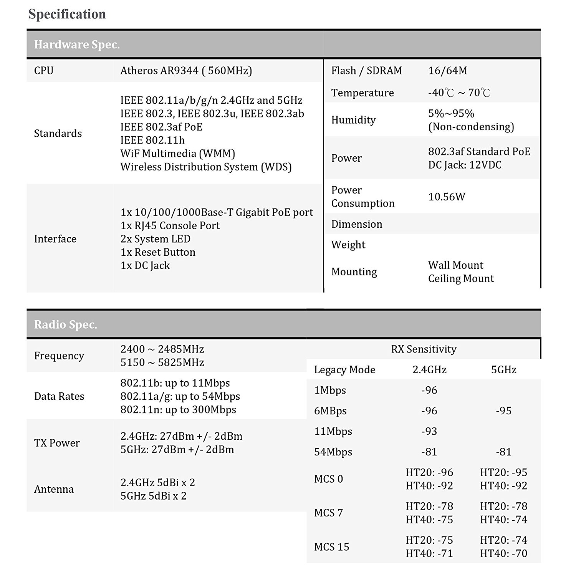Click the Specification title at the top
67,14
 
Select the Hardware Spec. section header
77,45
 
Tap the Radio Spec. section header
66,325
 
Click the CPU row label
44,71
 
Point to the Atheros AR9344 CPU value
186,71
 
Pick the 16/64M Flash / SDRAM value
447,71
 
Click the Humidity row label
353,120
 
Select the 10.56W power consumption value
447,197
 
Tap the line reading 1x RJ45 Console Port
170,225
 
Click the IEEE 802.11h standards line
152,140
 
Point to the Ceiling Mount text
461,278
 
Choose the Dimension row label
357,224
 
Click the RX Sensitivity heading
424,349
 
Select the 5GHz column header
504,370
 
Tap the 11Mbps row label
333,431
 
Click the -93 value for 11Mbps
429,431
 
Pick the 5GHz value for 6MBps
504,411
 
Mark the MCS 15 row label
331,547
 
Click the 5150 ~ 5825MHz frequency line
162,362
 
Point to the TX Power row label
57,443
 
